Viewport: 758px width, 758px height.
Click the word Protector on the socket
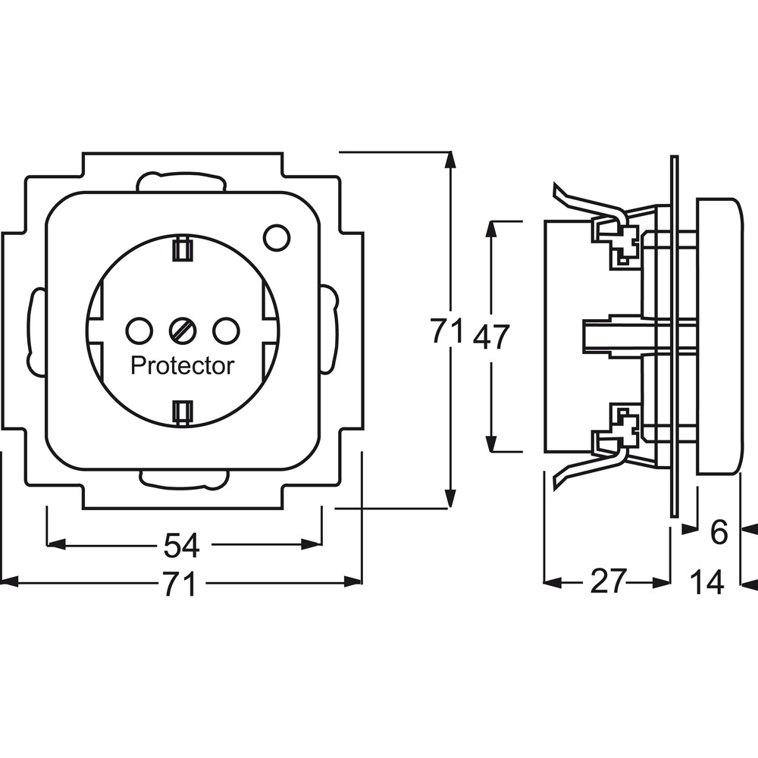[x=182, y=366]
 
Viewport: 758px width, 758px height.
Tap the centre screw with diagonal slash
[x=183, y=331]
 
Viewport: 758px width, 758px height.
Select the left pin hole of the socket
[x=139, y=331]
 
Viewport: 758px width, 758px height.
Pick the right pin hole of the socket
[x=226, y=331]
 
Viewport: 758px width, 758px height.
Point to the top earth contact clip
[x=183, y=249]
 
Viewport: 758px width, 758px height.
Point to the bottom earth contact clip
[x=183, y=413]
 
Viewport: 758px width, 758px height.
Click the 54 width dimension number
[x=181, y=545]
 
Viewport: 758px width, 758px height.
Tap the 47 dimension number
[x=491, y=337]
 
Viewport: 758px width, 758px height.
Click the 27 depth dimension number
[x=608, y=581]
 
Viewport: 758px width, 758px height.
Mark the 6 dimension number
[x=719, y=533]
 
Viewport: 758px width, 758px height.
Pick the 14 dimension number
[x=707, y=581]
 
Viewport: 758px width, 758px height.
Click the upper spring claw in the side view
[x=590, y=205]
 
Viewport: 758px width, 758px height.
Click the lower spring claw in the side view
[x=590, y=466]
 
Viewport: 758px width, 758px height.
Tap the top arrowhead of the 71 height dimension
[x=450, y=160]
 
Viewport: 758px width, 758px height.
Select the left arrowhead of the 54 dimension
[x=56, y=544]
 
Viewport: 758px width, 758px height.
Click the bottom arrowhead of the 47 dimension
[x=492, y=443]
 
